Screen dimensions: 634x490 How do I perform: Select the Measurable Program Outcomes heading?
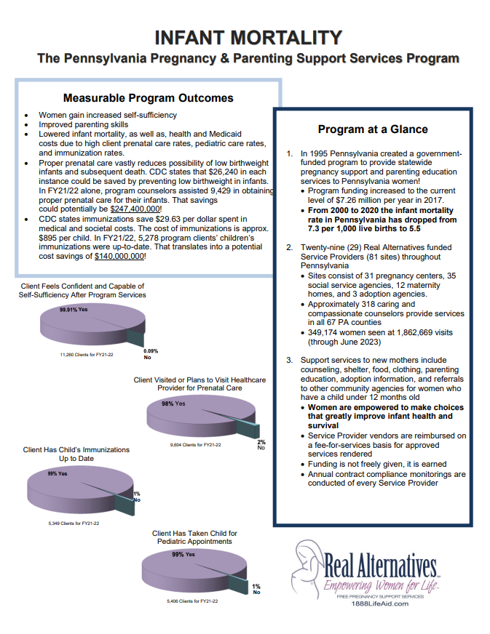tap(149, 98)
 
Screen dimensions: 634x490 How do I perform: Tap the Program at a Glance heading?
tap(373, 129)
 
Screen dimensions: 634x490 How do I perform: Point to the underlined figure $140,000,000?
tap(119, 257)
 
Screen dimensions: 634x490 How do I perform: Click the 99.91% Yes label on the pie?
tap(74, 309)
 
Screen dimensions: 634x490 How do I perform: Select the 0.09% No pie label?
tap(151, 354)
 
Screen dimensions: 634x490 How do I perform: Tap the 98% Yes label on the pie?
tap(174, 404)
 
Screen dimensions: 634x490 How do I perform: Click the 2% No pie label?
tap(261, 445)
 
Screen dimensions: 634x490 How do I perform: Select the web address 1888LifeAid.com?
tap(380, 603)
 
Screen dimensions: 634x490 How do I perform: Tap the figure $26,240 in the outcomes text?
tap(202, 172)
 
